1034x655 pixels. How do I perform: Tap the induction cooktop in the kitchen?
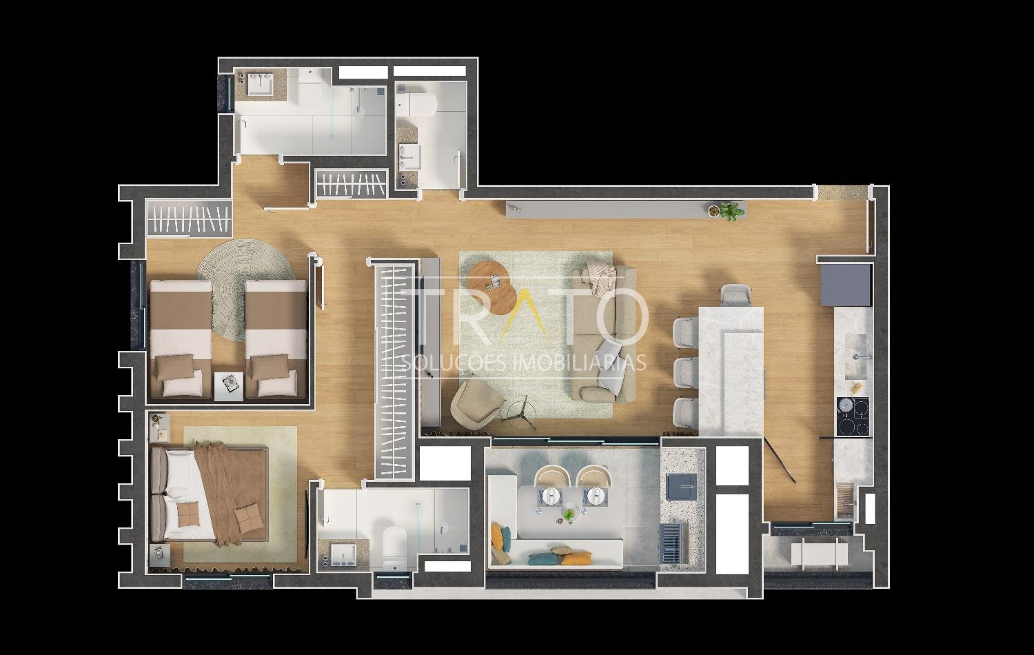coord(853,416)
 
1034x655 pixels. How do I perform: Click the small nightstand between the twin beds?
coord(229,386)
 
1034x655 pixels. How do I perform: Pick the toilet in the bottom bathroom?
coord(395,547)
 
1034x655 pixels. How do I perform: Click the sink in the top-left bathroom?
coord(261,83)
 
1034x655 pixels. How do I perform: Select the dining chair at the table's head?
coord(736,295)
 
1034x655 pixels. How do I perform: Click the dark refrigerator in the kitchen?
coord(846,284)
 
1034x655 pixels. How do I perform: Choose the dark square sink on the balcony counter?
coord(681,485)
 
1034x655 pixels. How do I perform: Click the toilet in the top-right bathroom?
coord(416,104)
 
